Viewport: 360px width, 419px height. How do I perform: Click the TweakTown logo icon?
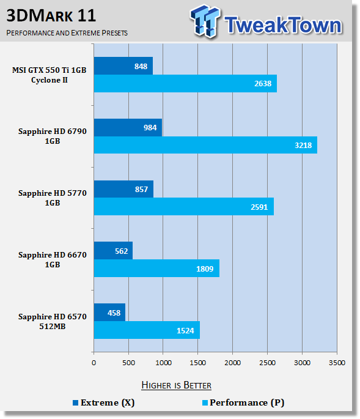click(x=205, y=21)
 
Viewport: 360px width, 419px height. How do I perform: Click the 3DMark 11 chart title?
click(x=51, y=15)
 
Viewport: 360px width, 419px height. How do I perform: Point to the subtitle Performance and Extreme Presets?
click(x=67, y=33)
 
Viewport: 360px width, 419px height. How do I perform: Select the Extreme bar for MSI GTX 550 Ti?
click(x=123, y=65)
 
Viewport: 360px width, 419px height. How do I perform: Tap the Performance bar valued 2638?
click(x=185, y=84)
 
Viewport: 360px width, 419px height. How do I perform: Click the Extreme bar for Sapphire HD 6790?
click(x=128, y=127)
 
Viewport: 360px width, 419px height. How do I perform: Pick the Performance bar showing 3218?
click(x=205, y=145)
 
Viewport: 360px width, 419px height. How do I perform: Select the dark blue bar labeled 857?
click(x=123, y=189)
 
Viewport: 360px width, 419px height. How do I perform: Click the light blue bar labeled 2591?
click(x=184, y=207)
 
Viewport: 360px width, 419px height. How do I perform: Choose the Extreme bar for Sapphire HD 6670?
click(x=113, y=251)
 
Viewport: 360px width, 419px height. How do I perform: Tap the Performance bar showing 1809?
click(x=156, y=269)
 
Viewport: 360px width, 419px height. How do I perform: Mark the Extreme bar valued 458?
click(x=109, y=313)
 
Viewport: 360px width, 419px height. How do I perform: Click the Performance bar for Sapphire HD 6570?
click(x=147, y=330)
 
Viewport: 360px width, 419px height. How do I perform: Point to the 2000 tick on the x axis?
click(x=233, y=363)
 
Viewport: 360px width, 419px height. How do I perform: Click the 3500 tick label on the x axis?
click(x=337, y=363)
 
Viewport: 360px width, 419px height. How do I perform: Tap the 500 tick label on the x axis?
click(x=128, y=363)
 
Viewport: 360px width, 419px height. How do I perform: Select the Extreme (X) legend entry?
click(x=104, y=402)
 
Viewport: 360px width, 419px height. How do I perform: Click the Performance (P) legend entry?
click(x=243, y=402)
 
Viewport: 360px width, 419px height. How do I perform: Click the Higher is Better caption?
click(x=176, y=385)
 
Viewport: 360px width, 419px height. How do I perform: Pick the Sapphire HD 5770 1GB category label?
click(x=53, y=198)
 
